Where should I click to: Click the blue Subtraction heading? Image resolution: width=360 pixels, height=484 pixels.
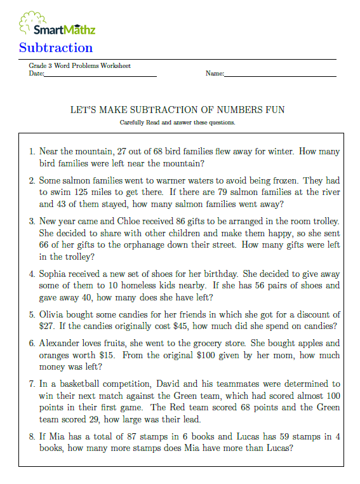coord(56,48)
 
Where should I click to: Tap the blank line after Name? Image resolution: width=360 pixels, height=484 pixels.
coord(280,76)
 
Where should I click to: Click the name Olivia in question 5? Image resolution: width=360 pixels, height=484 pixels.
coord(52,314)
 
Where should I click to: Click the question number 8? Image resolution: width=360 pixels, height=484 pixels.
coord(32,436)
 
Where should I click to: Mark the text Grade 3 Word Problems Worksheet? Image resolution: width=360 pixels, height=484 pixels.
coord(79,66)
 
